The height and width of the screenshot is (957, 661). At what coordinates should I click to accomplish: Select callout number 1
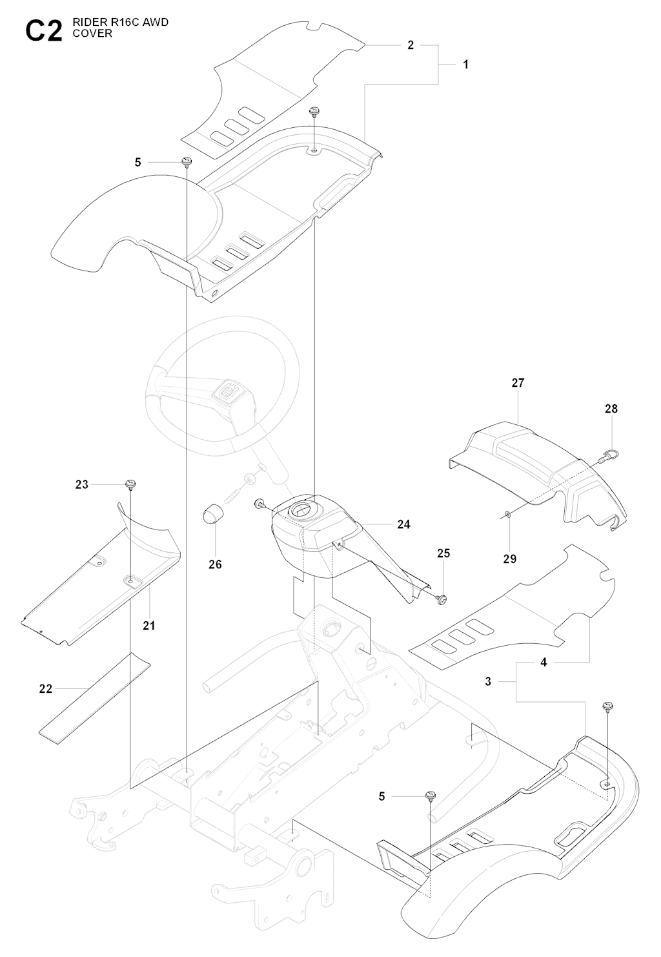coord(465,65)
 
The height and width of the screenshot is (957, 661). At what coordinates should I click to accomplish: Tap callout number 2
coord(411,45)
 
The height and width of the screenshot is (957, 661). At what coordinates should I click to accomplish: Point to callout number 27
coord(518,383)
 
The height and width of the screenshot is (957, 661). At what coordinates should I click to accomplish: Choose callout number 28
coord(611,409)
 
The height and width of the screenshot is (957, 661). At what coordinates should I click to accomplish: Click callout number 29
coord(509,559)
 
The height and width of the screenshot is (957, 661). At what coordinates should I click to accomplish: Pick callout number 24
coord(403,524)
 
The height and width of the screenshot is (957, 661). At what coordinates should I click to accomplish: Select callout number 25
coord(443,553)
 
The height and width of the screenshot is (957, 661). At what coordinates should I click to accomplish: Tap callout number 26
coord(215,564)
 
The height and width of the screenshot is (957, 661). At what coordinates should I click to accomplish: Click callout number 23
coord(81,484)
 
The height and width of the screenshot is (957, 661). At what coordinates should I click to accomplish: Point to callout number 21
coord(149,625)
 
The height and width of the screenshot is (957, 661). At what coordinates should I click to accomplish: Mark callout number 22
coord(45,689)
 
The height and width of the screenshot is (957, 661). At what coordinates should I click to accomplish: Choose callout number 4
coord(544,663)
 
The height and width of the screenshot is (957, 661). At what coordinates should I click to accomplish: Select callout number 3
coord(488,681)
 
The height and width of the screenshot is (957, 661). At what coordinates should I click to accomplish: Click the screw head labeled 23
coord(131,484)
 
